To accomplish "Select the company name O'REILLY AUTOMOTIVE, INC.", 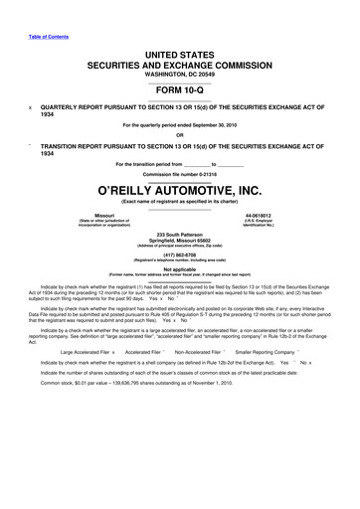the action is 179,190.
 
